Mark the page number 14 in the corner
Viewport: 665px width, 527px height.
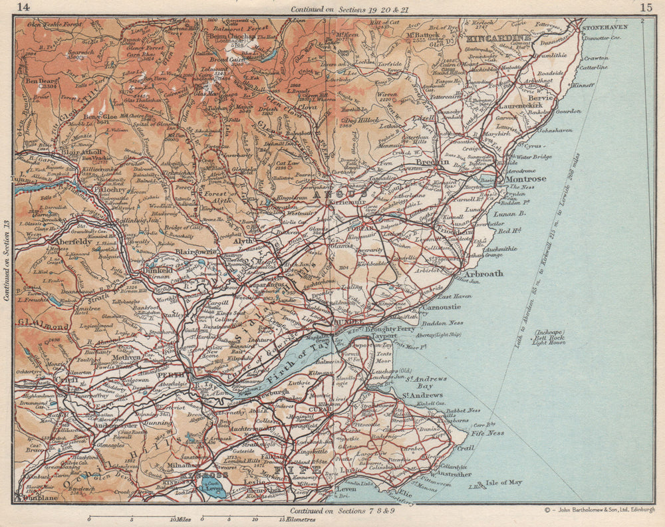pos(24,7)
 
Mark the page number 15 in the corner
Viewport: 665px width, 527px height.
pos(645,7)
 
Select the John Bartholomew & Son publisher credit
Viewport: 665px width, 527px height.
pos(596,510)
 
